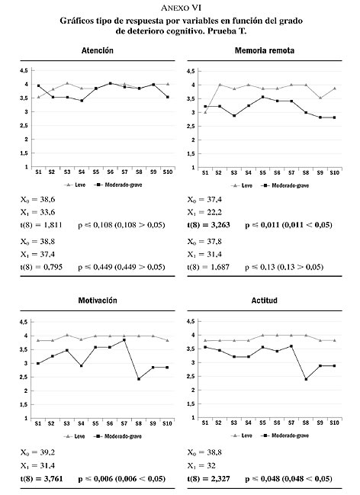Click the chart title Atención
coord(98,50)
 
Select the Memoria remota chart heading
coord(265,50)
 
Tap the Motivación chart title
coord(98,301)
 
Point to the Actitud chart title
coord(265,301)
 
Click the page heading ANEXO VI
coord(181,8)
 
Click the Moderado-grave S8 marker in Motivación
coord(139,379)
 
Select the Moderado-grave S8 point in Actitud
coord(306,379)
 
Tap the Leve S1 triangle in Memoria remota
coord(205,112)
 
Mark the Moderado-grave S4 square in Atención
coord(82,101)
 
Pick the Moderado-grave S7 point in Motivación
coord(124,340)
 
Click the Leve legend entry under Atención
coord(76,185)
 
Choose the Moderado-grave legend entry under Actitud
coord(285,436)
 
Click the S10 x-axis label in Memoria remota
coord(334,172)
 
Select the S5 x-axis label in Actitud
coord(262,423)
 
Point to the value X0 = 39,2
coord(37,453)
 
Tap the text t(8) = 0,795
coord(41,267)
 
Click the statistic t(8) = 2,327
coord(208,478)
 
